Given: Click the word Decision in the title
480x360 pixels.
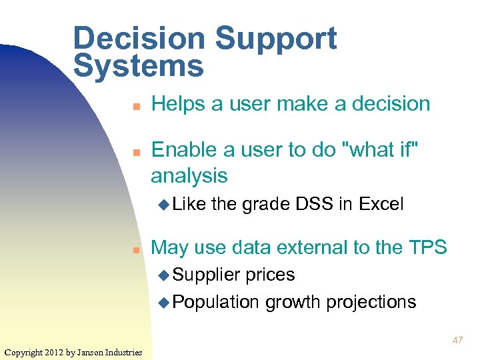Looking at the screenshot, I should (x=139, y=39).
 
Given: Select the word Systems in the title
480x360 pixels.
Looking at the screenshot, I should (x=139, y=66).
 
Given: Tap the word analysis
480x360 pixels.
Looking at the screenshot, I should (x=189, y=176).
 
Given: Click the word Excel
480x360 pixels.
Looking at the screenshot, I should (x=381, y=204).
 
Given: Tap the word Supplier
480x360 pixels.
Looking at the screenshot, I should (x=207, y=275).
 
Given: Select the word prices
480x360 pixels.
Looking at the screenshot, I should (x=270, y=275).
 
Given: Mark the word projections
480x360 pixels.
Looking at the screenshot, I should (x=371, y=303).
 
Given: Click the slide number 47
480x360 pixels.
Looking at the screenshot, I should (x=457, y=340).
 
